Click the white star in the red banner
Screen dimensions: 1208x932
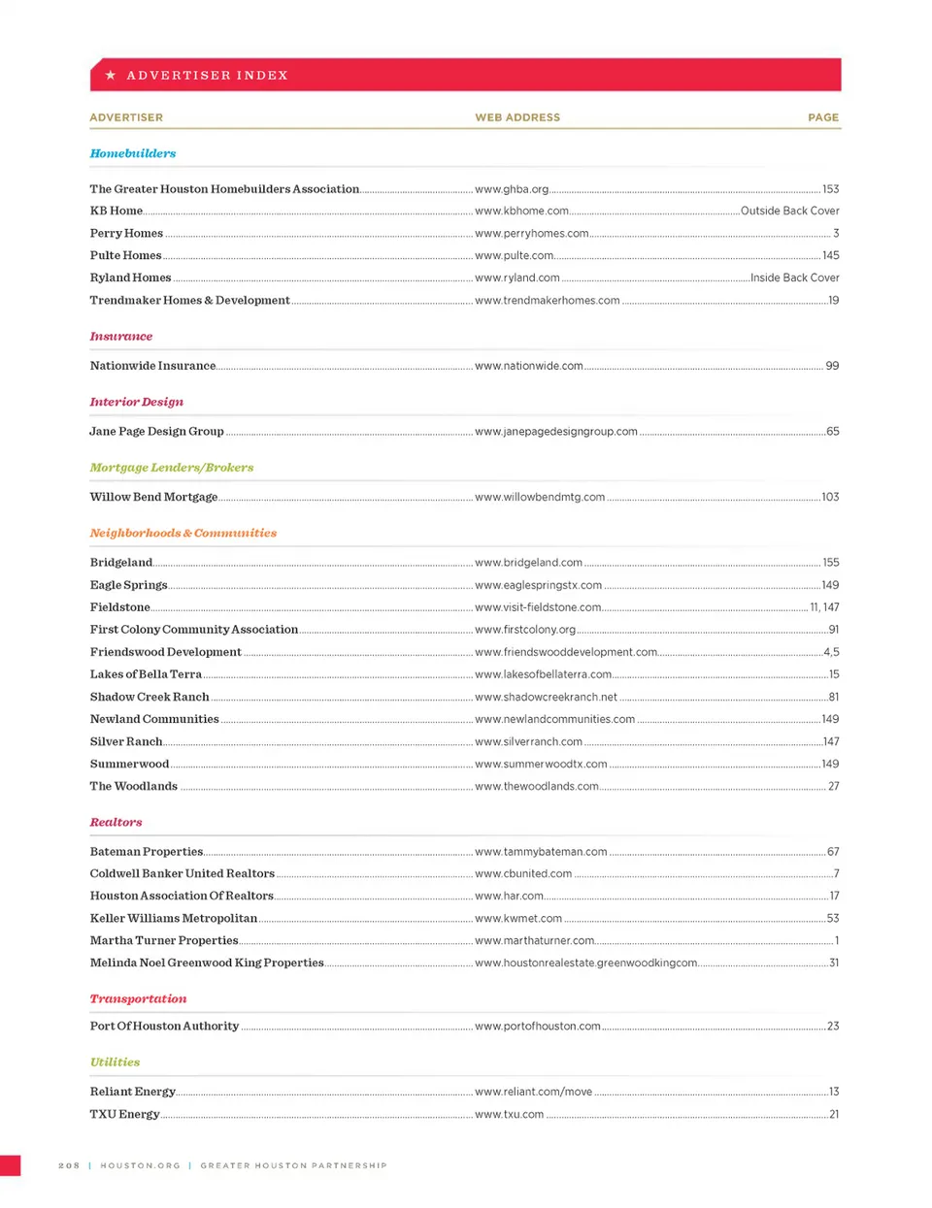[111, 75]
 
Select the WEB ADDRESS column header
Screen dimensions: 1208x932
[517, 117]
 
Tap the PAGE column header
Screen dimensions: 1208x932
[823, 117]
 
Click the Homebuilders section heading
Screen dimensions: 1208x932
[133, 153]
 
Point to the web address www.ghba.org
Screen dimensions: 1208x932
[512, 189]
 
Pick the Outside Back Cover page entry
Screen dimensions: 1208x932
[789, 211]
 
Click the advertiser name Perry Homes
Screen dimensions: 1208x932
[126, 233]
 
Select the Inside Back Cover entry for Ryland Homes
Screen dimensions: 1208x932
[794, 278]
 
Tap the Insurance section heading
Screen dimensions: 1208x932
[121, 337]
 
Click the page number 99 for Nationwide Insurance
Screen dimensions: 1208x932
[832, 366]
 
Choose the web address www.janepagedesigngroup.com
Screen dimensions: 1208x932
[556, 432]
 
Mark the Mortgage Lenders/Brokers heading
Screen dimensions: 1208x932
[172, 468]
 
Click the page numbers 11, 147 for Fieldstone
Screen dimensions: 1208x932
[824, 607]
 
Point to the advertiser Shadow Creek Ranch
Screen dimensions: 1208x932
[150, 697]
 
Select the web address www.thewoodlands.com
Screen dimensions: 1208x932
[537, 786]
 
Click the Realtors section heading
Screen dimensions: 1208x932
[116, 823]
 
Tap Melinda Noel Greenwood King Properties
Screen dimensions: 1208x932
[207, 963]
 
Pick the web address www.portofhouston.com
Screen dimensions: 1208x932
[538, 1026]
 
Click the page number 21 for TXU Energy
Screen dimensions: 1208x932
[834, 1114]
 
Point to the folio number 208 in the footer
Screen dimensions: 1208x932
[69, 1165]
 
